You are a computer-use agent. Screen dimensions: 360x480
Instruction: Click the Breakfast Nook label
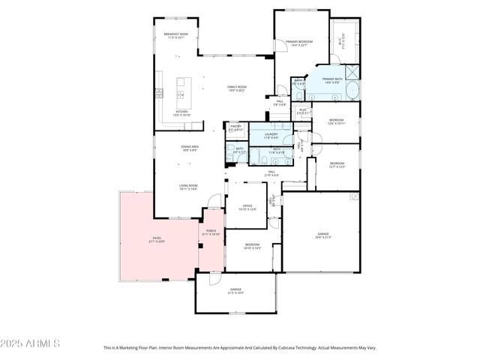click(176, 36)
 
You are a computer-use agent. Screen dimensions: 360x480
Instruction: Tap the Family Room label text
click(237, 88)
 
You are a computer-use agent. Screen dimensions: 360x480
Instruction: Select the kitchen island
click(181, 87)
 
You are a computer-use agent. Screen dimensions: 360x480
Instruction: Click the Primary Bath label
click(332, 80)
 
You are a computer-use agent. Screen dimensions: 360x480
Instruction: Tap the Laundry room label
click(271, 136)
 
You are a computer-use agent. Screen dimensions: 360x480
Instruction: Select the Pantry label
click(235, 127)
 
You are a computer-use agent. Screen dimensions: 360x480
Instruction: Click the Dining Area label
click(189, 148)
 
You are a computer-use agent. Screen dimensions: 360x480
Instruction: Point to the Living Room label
click(187, 187)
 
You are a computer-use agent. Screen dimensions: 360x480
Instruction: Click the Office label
click(247, 208)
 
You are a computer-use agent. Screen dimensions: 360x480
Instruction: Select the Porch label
click(211, 233)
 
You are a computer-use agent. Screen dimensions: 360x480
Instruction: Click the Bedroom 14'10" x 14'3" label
click(252, 246)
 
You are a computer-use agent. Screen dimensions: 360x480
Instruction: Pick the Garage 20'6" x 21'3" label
click(322, 235)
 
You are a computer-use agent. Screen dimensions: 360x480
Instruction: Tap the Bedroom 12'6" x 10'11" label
click(335, 121)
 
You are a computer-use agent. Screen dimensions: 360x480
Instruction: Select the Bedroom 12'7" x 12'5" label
click(337, 164)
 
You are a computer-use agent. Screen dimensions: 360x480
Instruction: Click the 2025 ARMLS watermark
click(31, 343)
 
